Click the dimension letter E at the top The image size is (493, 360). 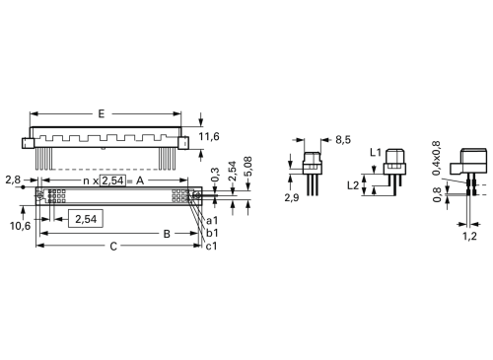[101, 114]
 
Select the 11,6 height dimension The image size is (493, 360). [210, 136]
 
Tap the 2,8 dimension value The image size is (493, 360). [12, 180]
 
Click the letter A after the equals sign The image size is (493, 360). [140, 181]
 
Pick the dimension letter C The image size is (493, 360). [113, 246]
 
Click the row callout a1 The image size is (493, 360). [212, 221]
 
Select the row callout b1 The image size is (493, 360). [212, 233]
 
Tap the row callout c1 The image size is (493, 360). [212, 245]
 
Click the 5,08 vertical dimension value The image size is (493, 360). [247, 164]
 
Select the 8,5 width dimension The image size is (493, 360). [342, 141]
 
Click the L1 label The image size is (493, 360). [375, 153]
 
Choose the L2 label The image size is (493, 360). [353, 184]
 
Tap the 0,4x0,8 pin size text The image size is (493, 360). [438, 162]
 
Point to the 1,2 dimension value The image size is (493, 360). [469, 237]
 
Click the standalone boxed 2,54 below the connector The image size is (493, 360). [86, 219]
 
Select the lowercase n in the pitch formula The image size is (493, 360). [86, 181]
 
